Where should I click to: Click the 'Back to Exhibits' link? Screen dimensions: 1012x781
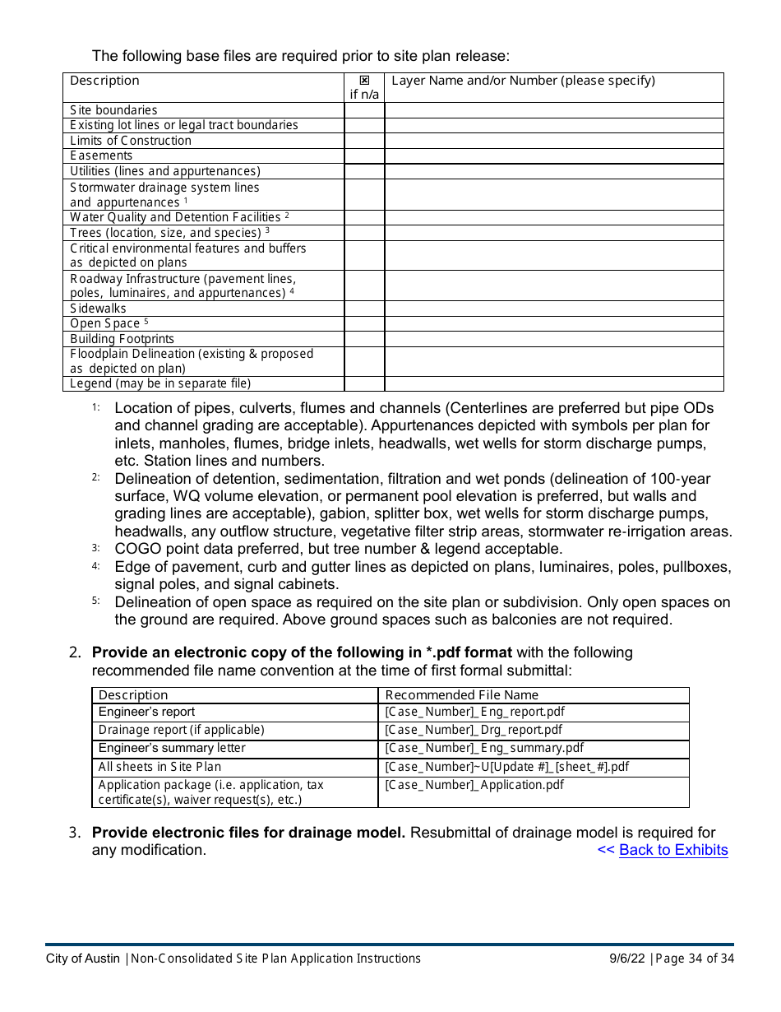pyautogui.click(x=672, y=850)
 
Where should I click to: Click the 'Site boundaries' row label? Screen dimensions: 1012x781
pyautogui.click(x=113, y=110)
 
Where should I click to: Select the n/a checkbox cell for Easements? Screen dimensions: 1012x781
pyautogui.click(x=364, y=156)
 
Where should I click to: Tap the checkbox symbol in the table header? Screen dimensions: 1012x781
pyautogui.click(x=364, y=81)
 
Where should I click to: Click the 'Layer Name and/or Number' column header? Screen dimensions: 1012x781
pyautogui.click(x=523, y=81)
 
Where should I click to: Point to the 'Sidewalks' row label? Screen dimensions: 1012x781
pyautogui.click(x=98, y=309)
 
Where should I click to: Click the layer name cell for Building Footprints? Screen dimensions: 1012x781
pyautogui.click(x=553, y=339)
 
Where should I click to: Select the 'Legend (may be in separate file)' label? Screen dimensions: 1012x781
pyautogui.click(x=160, y=383)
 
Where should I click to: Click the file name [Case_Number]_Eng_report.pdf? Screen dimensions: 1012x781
pyautogui.click(x=474, y=712)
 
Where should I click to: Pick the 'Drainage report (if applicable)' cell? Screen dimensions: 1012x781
pyautogui.click(x=181, y=730)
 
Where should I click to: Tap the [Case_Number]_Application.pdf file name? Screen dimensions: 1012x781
pyautogui.click(x=474, y=785)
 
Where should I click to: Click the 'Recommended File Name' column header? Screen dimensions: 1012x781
pyautogui.click(x=461, y=695)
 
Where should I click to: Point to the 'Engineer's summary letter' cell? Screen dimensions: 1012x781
pyautogui.click(x=172, y=748)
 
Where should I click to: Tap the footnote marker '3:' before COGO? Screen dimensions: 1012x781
pyautogui.click(x=96, y=549)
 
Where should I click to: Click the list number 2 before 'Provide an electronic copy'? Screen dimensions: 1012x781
pyautogui.click(x=75, y=652)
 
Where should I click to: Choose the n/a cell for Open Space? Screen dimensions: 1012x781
pyautogui.click(x=364, y=323)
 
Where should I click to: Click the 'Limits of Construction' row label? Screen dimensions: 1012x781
pyautogui.click(x=130, y=141)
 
